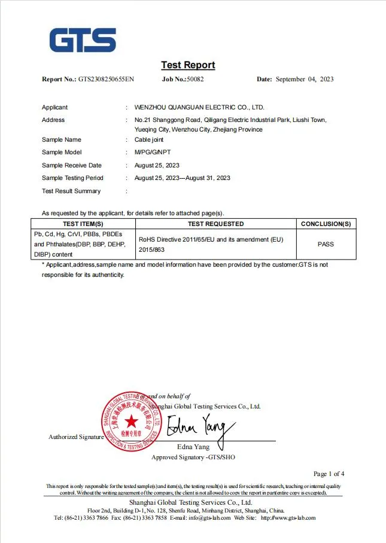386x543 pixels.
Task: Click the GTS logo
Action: (83, 40)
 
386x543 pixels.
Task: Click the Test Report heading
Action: (188, 65)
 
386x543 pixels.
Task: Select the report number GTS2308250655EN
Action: (107, 79)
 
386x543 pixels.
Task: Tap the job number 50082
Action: (195, 79)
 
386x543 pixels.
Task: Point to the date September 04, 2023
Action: (304, 79)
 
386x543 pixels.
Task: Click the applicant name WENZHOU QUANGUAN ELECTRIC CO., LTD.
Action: (199, 108)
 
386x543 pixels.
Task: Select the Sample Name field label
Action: (61, 139)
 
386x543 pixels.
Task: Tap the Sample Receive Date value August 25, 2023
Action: (157, 165)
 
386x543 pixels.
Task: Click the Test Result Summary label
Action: (71, 191)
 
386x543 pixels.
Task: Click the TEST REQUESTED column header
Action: (215, 224)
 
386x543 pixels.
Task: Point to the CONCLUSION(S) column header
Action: (326, 224)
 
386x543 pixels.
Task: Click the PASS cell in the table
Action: (326, 244)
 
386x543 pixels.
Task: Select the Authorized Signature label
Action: (76, 437)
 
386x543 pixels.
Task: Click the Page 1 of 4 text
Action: (329, 474)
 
